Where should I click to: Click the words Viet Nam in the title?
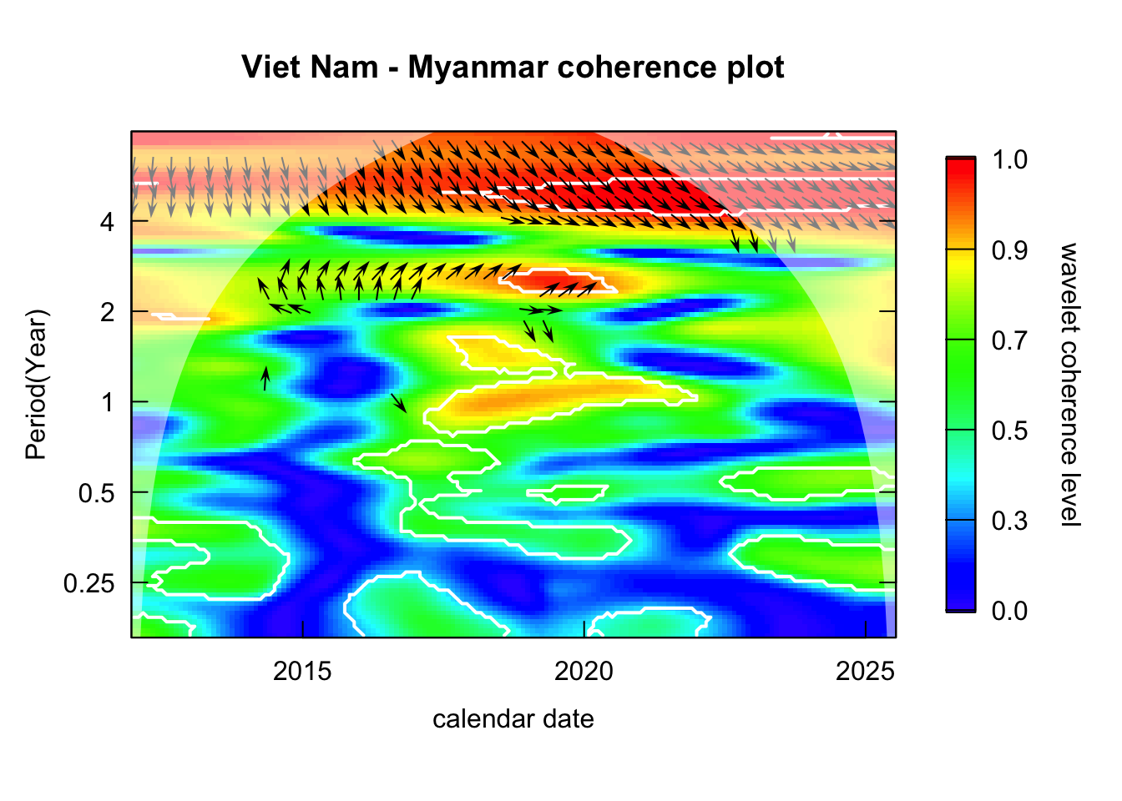(x=310, y=67)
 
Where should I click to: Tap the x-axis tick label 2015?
(x=302, y=671)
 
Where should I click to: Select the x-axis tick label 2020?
(x=584, y=671)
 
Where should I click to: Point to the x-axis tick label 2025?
(x=865, y=671)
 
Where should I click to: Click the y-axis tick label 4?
(x=108, y=222)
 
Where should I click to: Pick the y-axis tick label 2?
(x=108, y=312)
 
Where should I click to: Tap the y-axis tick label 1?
(x=108, y=402)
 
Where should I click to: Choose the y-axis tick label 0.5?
(x=97, y=492)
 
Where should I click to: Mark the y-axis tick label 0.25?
(x=89, y=582)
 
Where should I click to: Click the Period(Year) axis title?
(x=36, y=384)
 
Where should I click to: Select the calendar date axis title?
(x=513, y=719)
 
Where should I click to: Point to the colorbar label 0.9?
(x=1009, y=249)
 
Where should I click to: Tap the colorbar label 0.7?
(x=1009, y=340)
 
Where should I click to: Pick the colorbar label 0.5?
(x=1009, y=431)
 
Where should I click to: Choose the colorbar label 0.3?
(x=1009, y=521)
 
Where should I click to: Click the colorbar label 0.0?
(x=1009, y=611)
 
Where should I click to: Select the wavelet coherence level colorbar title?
(x=1069, y=384)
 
